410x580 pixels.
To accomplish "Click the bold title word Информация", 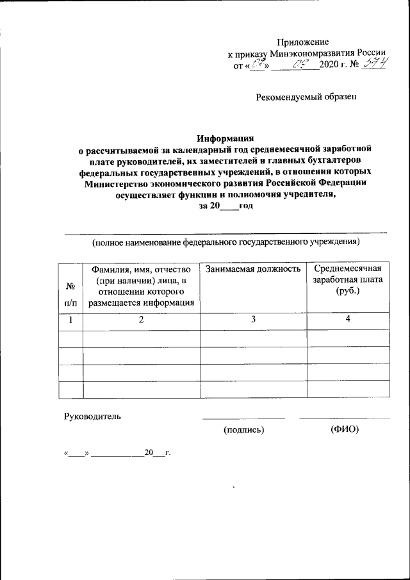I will (225, 137).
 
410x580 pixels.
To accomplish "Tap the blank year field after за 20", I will (229, 206).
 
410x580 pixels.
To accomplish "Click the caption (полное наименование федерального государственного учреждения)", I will (225, 242).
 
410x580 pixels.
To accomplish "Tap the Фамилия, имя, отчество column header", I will (142, 286).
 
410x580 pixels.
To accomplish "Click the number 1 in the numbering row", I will (70, 320).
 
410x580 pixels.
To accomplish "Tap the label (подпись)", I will (243, 429).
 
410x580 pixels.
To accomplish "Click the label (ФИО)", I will (345, 429).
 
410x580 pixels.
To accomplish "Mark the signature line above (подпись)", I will (243, 419).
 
